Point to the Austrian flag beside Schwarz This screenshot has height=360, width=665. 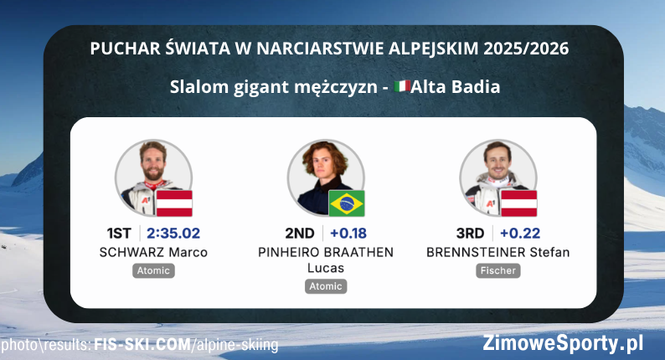tap(175, 203)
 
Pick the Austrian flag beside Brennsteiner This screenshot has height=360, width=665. tap(519, 203)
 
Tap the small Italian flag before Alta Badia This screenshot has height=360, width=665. tap(401, 86)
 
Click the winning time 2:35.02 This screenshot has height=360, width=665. tap(173, 234)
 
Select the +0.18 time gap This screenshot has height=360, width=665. tap(348, 234)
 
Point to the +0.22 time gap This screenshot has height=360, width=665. tap(521, 234)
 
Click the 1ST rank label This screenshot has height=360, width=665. tap(119, 234)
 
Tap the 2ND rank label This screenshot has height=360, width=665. tap(299, 234)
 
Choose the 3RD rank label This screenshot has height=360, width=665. tap(472, 234)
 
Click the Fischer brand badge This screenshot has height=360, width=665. tap(498, 271)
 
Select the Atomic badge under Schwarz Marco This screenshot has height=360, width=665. tap(153, 271)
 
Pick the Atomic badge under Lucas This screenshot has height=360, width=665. tap(326, 286)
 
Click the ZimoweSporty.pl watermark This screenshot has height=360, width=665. tap(563, 342)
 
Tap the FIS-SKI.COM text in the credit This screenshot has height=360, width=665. tap(142, 345)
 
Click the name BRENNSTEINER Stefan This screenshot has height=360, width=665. tap(498, 253)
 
